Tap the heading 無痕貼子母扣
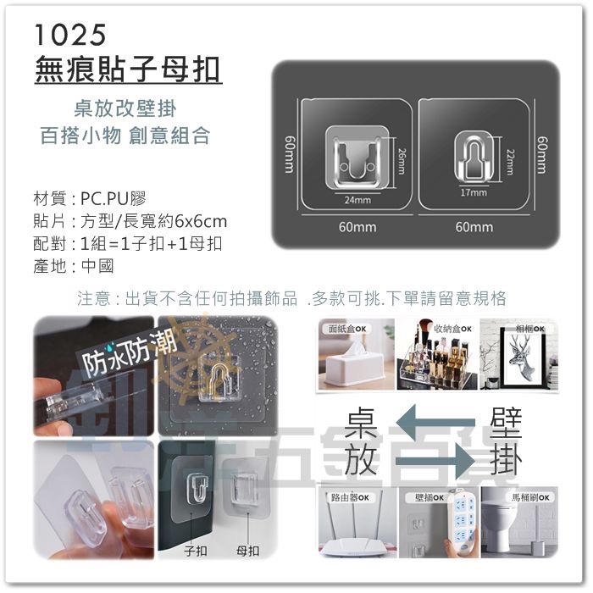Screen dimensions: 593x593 click(x=129, y=69)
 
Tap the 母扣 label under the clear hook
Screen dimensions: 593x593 click(x=247, y=551)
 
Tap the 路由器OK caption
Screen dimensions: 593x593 click(x=346, y=497)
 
